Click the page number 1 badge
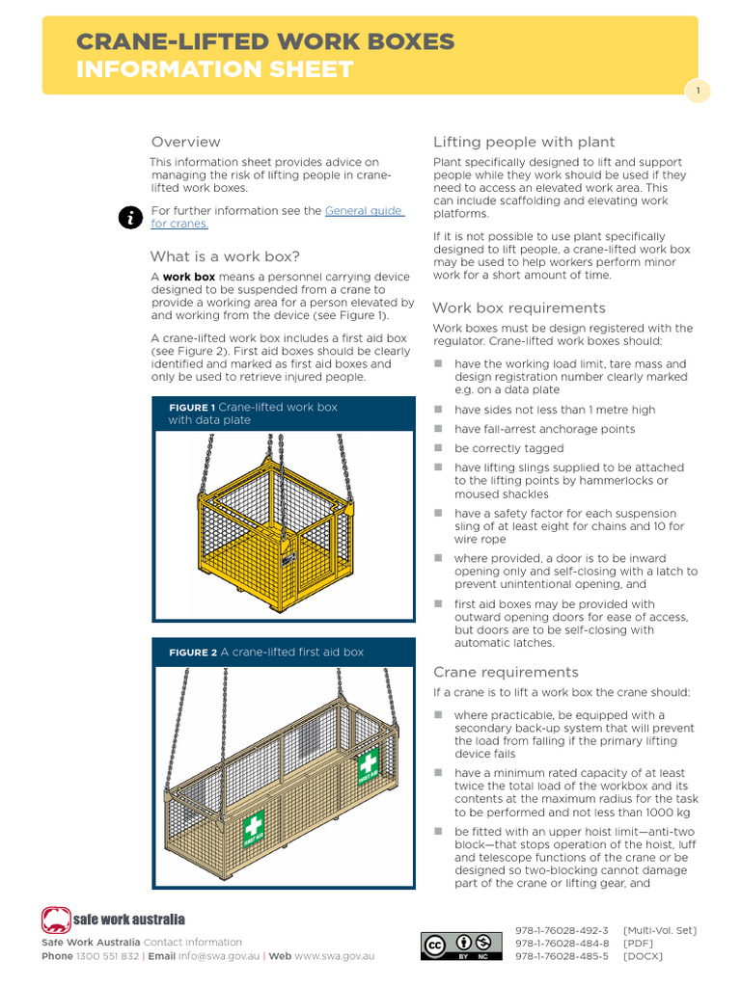pyautogui.click(x=698, y=92)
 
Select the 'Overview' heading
pyautogui.click(x=185, y=142)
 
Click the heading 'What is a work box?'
pyautogui.click(x=225, y=256)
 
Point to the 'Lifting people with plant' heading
pyautogui.click(x=524, y=142)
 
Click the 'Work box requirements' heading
pyautogui.click(x=519, y=308)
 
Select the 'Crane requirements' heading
pyautogui.click(x=506, y=672)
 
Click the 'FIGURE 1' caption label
pyautogui.click(x=191, y=408)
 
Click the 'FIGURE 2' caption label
pyautogui.click(x=192, y=653)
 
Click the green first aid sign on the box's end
pyautogui.click(x=368, y=767)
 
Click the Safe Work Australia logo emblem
pyautogui.click(x=56, y=920)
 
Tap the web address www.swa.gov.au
pyautogui.click(x=335, y=956)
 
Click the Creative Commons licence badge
pyautogui.click(x=461, y=947)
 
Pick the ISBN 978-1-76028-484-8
pyautogui.click(x=562, y=944)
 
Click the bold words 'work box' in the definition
pyautogui.click(x=189, y=277)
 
